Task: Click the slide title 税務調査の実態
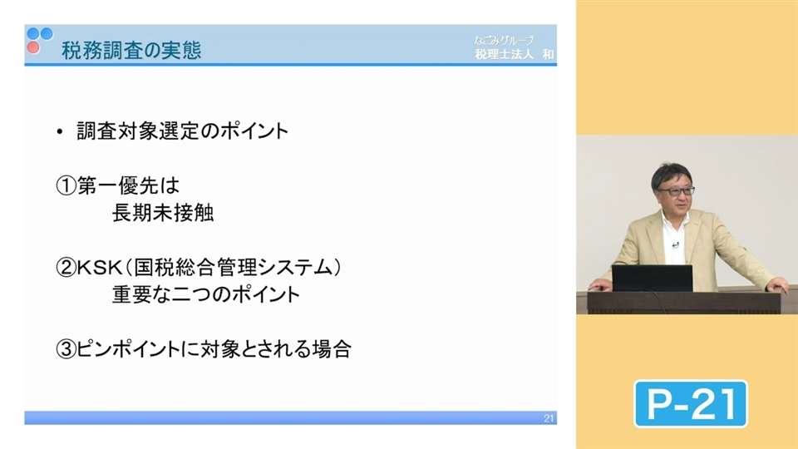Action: pyautogui.click(x=131, y=51)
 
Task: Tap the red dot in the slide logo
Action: pyautogui.click(x=32, y=47)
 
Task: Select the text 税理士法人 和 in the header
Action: pyautogui.click(x=514, y=54)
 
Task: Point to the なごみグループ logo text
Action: pyautogui.click(x=504, y=39)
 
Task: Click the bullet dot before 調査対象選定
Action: pyautogui.click(x=60, y=132)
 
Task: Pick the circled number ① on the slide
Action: pyautogui.click(x=66, y=186)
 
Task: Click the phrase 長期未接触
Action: pyautogui.click(x=163, y=214)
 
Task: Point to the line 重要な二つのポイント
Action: pyautogui.click(x=205, y=295)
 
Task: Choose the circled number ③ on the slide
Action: pyautogui.click(x=66, y=349)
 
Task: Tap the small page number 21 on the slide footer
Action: pyautogui.click(x=548, y=418)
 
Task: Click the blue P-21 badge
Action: pyautogui.click(x=690, y=404)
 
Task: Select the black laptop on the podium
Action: pyautogui.click(x=652, y=278)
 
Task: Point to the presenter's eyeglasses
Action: pyautogui.click(x=674, y=191)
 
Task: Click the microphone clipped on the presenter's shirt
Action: pyautogui.click(x=675, y=245)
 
